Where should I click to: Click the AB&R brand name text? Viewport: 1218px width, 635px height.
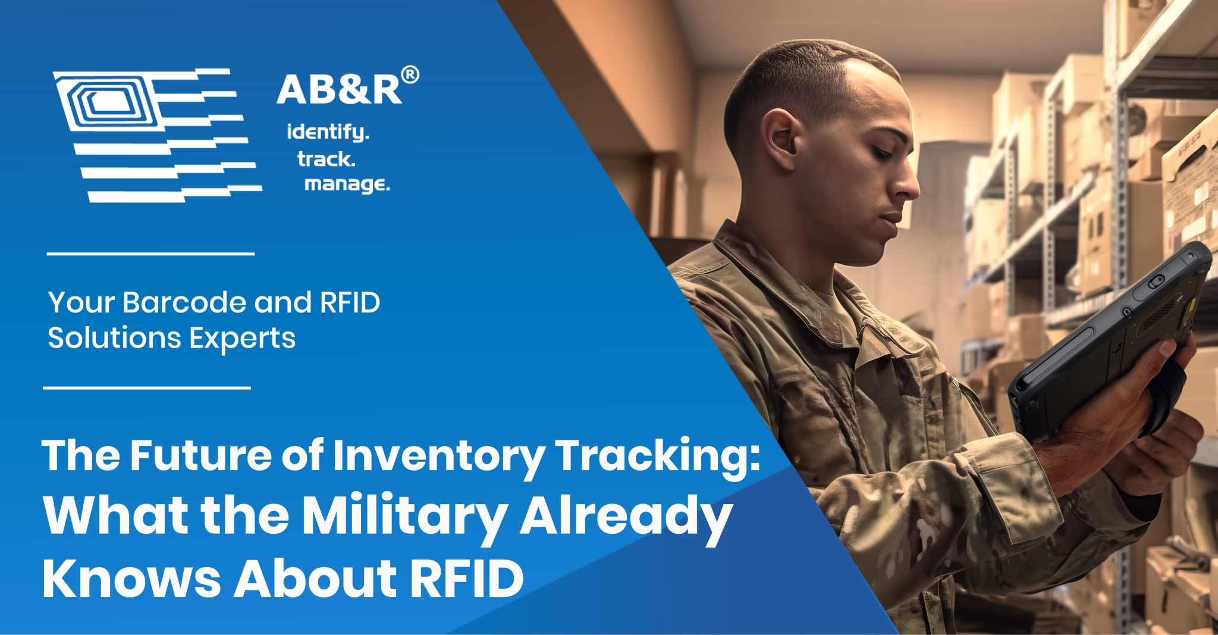click(339, 90)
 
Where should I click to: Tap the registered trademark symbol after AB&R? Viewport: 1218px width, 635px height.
click(410, 75)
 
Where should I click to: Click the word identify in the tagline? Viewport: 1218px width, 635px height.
click(327, 132)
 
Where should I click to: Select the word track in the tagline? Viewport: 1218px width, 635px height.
click(326, 159)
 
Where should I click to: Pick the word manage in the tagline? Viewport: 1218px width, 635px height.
click(347, 184)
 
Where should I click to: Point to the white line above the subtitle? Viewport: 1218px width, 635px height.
click(150, 254)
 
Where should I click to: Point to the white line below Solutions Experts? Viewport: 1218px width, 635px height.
click(147, 387)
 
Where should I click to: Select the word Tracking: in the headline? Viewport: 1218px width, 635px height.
click(657, 456)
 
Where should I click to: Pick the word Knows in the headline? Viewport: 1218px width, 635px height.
click(131, 578)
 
